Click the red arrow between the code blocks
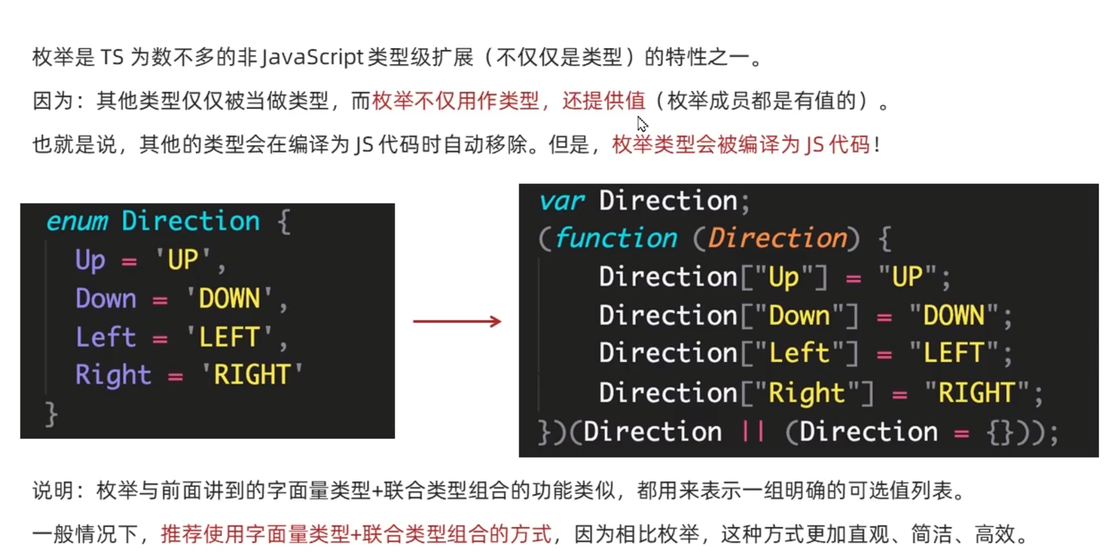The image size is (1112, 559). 457,322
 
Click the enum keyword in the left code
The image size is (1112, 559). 77,221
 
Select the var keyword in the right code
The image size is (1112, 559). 562,201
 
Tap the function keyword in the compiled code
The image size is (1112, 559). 616,239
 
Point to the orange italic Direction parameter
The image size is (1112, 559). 777,239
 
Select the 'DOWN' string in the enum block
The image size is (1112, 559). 229,299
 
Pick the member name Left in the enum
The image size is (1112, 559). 105,337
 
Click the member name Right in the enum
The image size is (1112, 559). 113,375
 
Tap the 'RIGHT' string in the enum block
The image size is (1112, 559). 252,375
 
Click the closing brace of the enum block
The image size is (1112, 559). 51,414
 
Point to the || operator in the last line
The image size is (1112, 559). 753,432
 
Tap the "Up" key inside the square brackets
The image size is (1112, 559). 784,277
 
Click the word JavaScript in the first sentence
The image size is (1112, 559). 312,57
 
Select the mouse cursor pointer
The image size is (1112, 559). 642,123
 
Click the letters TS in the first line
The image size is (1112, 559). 112,57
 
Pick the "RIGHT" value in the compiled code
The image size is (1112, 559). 976,393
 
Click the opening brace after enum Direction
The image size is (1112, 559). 284,222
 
